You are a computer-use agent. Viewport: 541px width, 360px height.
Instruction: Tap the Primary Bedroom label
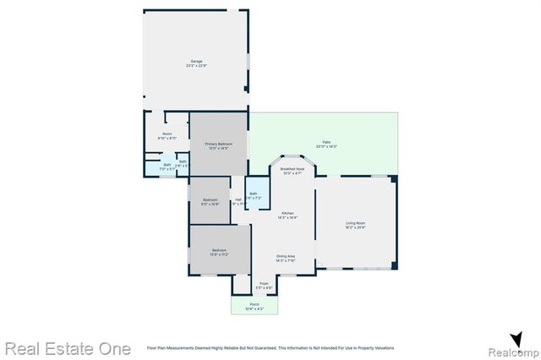tap(218, 145)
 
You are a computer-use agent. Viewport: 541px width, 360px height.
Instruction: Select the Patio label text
tap(326, 142)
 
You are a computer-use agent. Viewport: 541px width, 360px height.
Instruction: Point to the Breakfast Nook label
tap(292, 169)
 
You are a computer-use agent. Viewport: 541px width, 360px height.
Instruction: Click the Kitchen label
tap(288, 213)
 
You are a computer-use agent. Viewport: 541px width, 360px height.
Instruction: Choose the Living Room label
tap(355, 223)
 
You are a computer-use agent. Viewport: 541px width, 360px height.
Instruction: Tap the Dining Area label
tap(286, 256)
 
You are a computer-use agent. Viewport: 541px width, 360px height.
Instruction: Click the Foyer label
tap(264, 283)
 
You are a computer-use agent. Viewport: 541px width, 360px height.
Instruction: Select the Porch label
tap(254, 305)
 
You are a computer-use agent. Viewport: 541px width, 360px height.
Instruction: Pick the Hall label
tap(238, 199)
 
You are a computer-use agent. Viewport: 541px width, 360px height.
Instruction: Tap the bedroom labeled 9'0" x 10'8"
tap(210, 201)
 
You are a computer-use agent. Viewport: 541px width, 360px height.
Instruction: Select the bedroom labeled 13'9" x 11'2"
tap(219, 251)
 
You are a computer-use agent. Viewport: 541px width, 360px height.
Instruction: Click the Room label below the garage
tap(167, 134)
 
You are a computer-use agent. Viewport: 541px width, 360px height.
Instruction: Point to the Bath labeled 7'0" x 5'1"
tap(167, 166)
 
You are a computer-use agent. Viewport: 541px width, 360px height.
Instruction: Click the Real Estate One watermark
tap(68, 347)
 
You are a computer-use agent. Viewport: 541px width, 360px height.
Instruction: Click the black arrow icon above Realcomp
tap(516, 337)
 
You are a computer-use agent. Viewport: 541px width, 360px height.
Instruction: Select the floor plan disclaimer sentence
tap(270, 348)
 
